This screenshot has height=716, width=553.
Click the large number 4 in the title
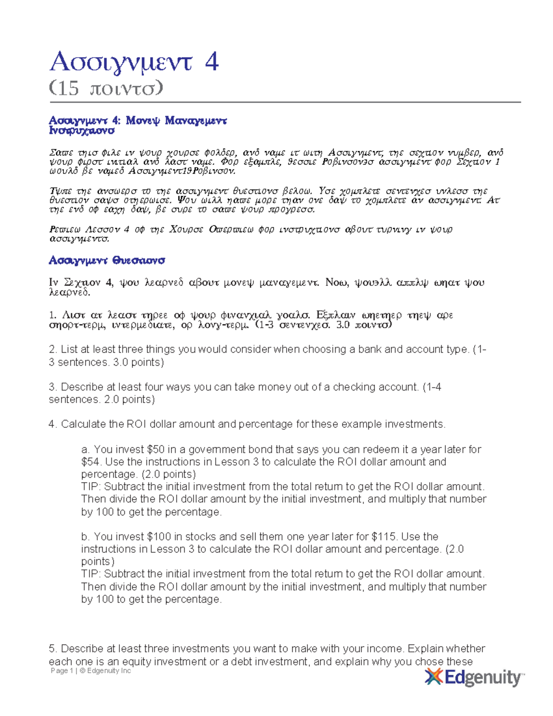tap(212, 62)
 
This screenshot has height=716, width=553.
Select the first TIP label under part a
tap(91, 487)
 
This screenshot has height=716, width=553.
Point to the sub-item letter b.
tap(85, 537)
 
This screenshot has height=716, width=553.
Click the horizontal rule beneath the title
tap(285, 102)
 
